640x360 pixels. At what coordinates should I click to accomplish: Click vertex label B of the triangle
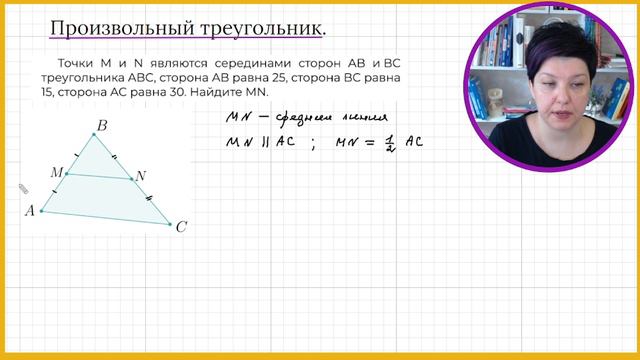[101, 126]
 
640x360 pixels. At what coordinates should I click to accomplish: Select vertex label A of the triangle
[30, 210]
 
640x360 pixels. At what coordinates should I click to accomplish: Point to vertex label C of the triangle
[181, 228]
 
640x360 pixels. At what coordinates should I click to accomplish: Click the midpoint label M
[56, 172]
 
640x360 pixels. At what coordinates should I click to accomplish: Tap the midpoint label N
[141, 177]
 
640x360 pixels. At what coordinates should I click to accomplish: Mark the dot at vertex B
[96, 135]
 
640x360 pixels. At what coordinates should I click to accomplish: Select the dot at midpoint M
[67, 174]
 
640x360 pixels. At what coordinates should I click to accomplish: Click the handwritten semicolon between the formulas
[313, 143]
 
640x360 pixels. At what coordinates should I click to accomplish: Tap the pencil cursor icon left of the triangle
[22, 188]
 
